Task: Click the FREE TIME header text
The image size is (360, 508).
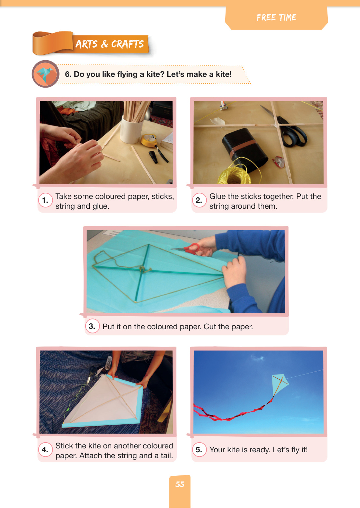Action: point(276,18)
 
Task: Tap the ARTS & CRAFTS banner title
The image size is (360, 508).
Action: point(109,44)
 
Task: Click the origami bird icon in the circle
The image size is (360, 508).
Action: point(45,74)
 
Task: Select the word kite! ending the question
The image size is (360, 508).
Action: point(224,74)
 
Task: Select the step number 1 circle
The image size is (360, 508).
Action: point(45,200)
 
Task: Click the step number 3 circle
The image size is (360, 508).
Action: point(92,326)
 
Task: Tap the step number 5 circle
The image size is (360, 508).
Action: point(199,449)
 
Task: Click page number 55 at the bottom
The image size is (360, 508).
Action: point(180,484)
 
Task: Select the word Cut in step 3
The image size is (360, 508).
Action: point(210,327)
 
